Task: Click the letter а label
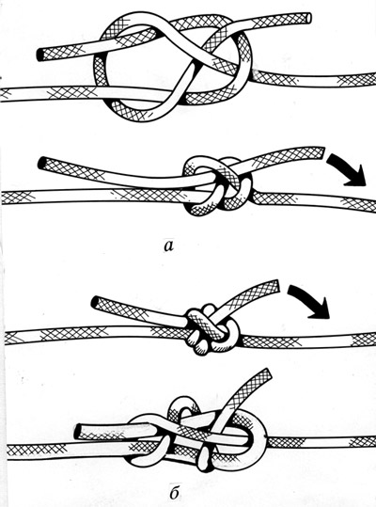(x=168, y=246)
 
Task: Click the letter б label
(x=174, y=492)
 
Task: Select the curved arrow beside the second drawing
(x=346, y=169)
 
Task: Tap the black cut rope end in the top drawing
(x=39, y=55)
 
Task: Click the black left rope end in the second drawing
(x=41, y=163)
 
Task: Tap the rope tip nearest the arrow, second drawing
(x=321, y=152)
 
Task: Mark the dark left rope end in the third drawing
(x=95, y=302)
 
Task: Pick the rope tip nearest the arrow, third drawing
(x=275, y=285)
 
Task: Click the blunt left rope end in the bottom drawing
(x=77, y=432)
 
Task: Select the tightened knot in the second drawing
(x=217, y=187)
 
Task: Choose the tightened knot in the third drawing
(x=211, y=330)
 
